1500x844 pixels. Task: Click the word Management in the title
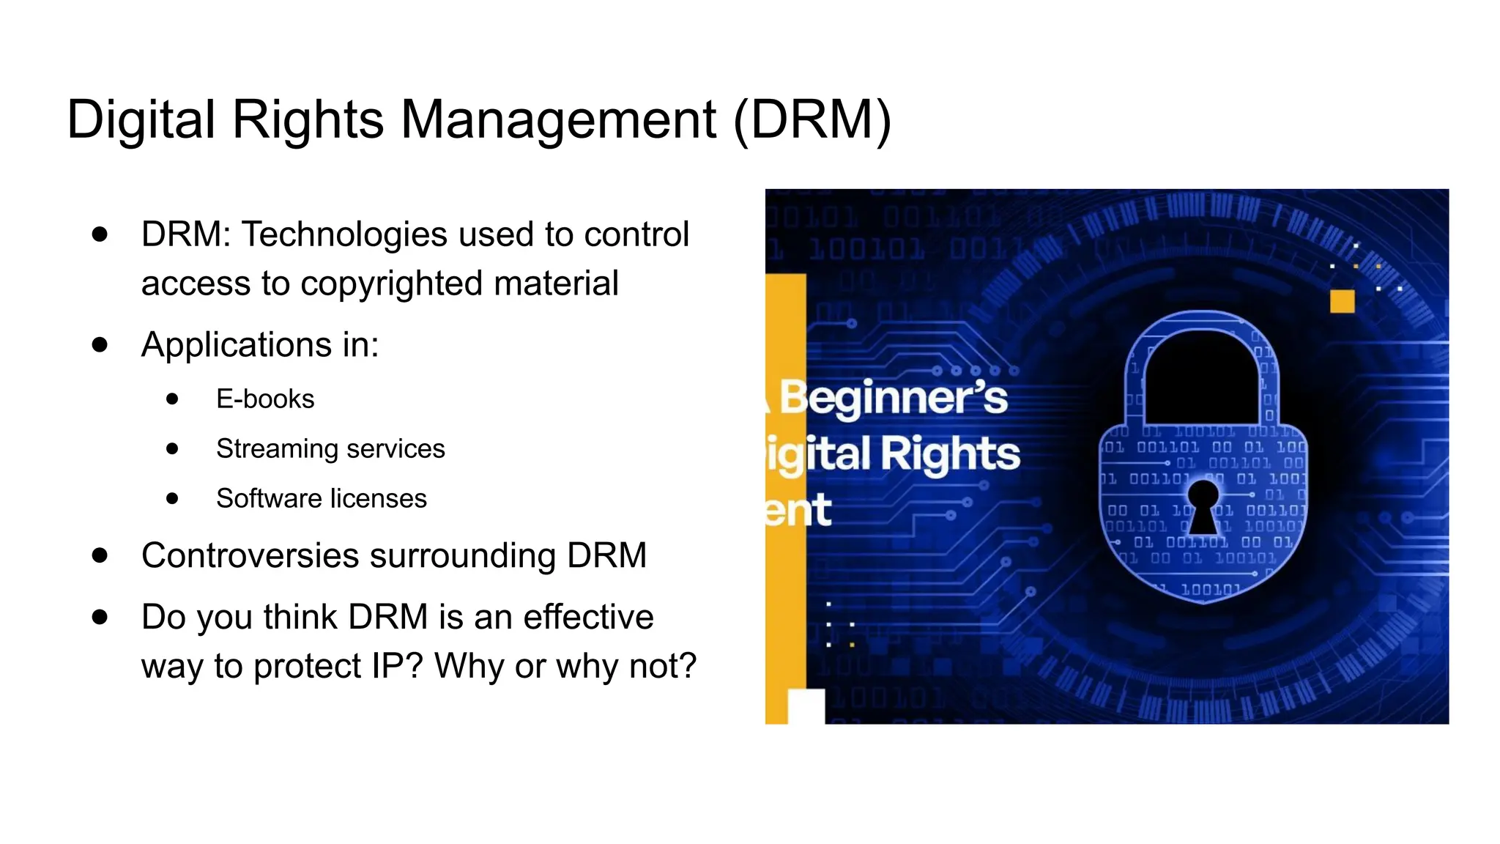[x=558, y=119]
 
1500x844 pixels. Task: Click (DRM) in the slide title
[x=812, y=119]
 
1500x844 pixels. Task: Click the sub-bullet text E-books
[x=265, y=399]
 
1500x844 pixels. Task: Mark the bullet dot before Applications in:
[x=100, y=344]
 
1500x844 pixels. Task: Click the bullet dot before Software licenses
[x=172, y=499]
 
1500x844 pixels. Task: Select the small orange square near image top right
[x=1342, y=301]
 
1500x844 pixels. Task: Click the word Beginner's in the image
[x=894, y=398]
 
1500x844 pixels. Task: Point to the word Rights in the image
[x=950, y=454]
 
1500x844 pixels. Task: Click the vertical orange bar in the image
[x=786, y=476]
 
